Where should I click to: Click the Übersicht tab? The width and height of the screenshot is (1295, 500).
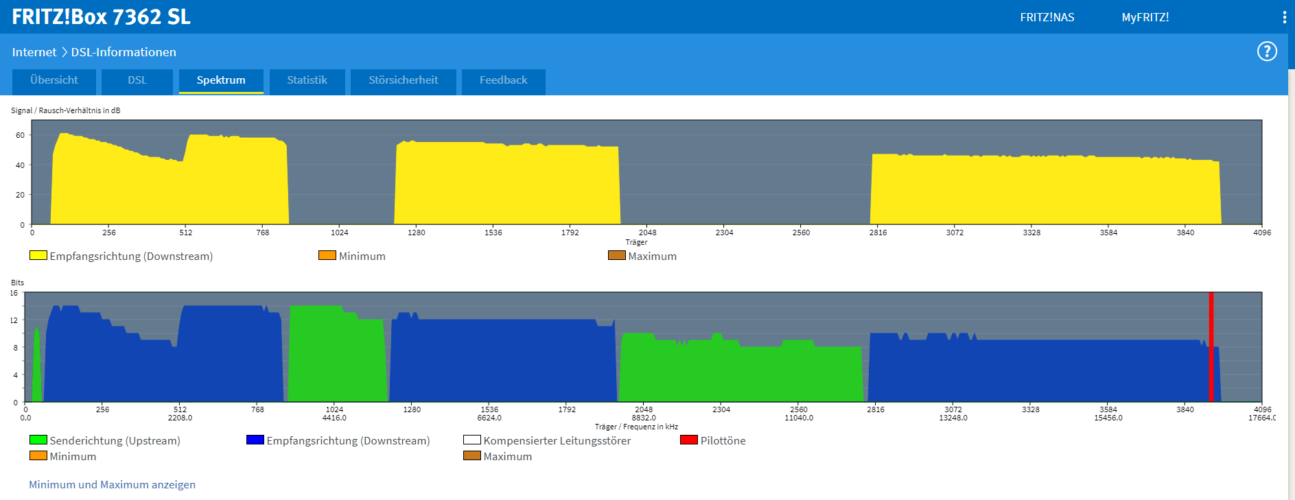click(x=54, y=80)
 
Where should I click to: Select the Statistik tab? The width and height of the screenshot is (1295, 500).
click(x=307, y=80)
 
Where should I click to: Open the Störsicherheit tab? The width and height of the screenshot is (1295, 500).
click(x=403, y=80)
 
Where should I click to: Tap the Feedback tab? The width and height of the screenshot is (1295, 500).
click(x=503, y=80)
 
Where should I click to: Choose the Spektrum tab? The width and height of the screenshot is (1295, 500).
click(x=221, y=80)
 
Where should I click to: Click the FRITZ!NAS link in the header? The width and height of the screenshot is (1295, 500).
click(x=1047, y=17)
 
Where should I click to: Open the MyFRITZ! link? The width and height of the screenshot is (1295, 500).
click(x=1145, y=17)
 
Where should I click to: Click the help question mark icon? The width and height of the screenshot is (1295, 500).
click(x=1266, y=51)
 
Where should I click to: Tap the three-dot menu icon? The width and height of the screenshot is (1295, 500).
click(x=1284, y=17)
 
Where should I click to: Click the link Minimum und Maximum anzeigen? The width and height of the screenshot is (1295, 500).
click(x=112, y=484)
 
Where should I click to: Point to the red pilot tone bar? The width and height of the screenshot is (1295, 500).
click(x=1211, y=346)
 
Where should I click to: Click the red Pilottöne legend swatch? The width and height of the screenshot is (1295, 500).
click(x=688, y=440)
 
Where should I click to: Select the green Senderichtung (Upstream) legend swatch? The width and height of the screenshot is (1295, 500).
click(x=38, y=440)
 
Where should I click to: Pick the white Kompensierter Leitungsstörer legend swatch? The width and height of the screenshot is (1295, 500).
click(x=471, y=440)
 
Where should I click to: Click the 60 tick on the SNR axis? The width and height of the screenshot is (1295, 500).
click(x=20, y=135)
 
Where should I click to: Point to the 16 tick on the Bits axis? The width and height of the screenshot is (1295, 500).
click(x=14, y=293)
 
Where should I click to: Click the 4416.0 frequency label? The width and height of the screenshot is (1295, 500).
click(x=334, y=418)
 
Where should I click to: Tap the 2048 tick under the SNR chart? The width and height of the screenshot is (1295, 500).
click(x=647, y=233)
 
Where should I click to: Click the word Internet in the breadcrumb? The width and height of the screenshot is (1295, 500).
click(x=34, y=52)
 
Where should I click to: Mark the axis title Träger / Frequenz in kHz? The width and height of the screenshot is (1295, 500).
click(x=636, y=427)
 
